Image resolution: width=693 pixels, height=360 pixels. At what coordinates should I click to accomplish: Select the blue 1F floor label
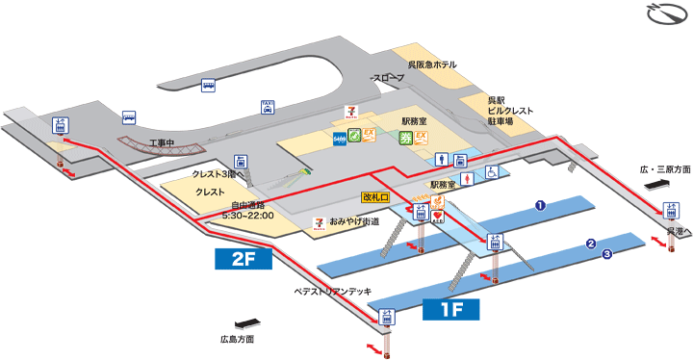click(451, 310)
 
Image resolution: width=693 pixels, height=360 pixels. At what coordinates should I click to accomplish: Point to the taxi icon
click(268, 106)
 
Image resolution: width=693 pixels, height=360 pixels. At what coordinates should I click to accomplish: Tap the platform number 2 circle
click(591, 244)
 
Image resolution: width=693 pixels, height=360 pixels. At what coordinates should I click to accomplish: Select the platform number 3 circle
click(607, 255)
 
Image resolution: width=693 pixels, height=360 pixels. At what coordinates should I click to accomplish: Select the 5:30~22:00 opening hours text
click(248, 215)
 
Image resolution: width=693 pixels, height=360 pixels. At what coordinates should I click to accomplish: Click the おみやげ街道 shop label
click(353, 221)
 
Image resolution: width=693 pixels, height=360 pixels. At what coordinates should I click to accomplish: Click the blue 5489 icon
click(339, 140)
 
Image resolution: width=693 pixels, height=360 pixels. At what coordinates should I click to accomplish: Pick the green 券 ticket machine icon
click(405, 138)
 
